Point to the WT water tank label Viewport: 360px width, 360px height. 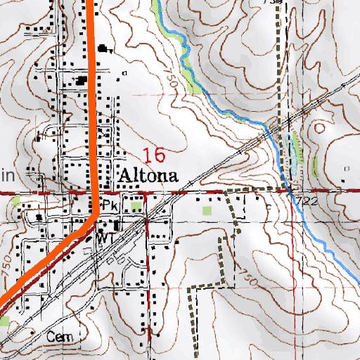[106, 238]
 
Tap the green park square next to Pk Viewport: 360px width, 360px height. [136, 206]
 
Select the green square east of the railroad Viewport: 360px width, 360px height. [207, 210]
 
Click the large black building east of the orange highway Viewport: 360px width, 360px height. [107, 49]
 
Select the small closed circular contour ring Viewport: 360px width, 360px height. [321, 128]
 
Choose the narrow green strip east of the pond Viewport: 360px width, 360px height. [315, 167]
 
